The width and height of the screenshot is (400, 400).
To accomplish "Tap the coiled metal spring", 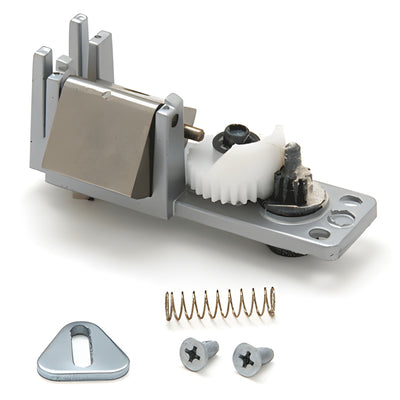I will point(219,304).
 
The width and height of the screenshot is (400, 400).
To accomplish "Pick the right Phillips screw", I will point(252,357).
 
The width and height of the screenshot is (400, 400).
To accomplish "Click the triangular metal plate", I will point(83,349).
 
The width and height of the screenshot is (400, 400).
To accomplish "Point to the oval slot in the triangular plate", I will point(83,339).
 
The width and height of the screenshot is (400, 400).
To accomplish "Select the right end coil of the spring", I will point(269,301).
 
